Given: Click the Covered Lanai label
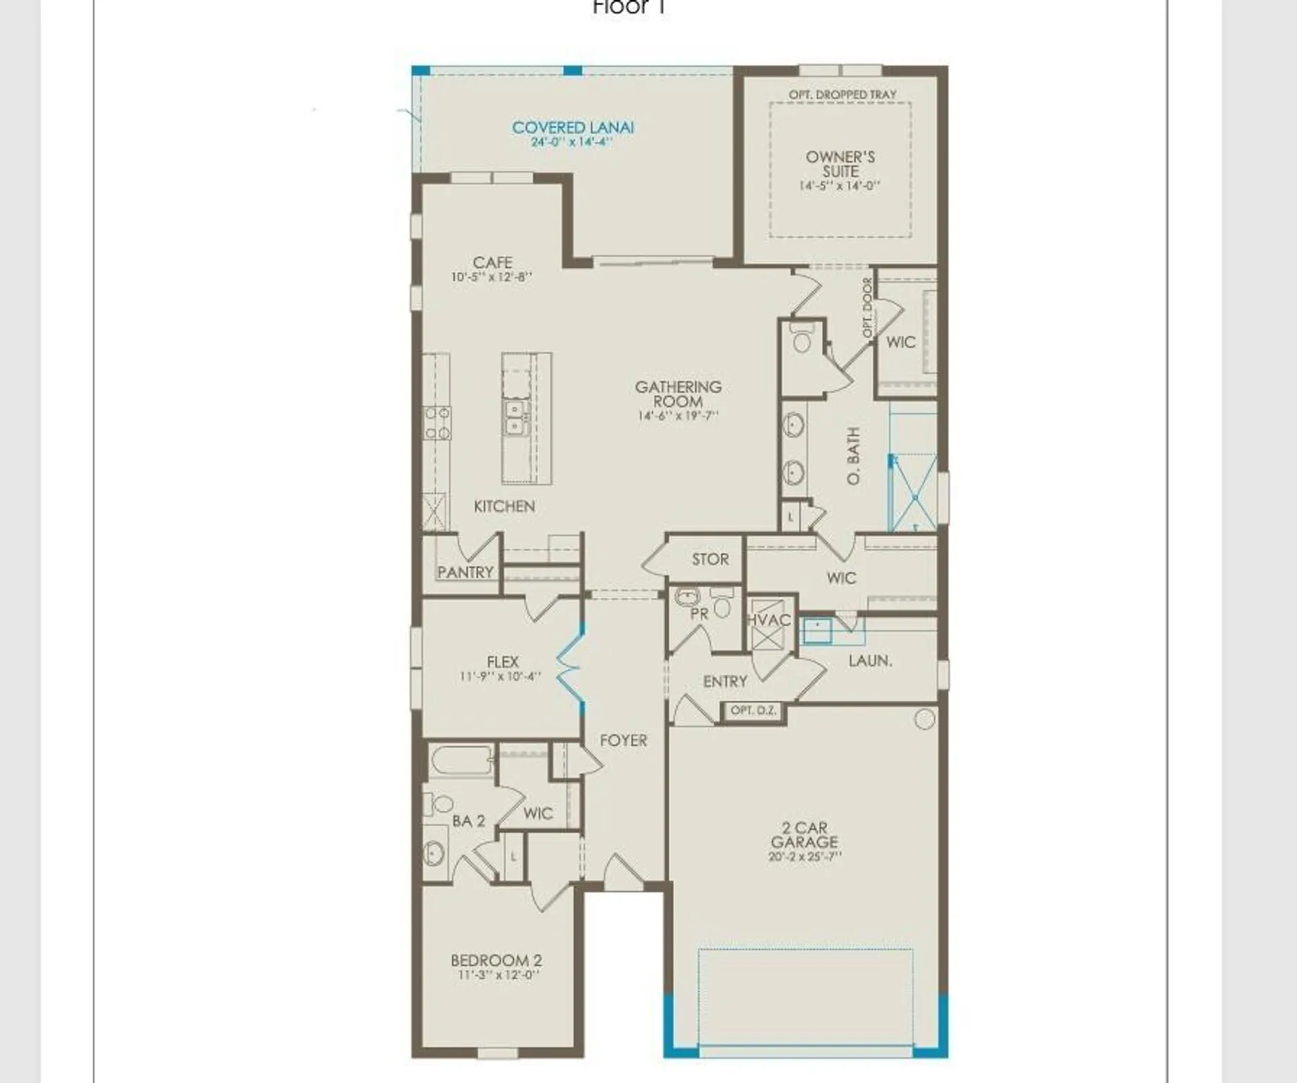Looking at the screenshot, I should point(572,127).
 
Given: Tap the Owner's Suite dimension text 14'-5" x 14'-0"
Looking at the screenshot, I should point(839,186).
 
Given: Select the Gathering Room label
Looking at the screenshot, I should point(678,394).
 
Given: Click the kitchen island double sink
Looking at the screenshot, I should point(514,418).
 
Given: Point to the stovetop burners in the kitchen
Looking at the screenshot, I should point(437,423).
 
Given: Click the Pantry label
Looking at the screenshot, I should point(465,573).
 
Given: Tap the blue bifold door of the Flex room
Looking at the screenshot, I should point(570,664).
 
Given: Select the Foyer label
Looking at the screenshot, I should point(623,741).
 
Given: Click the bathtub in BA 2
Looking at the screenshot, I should point(460,761).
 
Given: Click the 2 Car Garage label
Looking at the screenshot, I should point(804,835).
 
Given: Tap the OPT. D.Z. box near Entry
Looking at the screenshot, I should point(753,710).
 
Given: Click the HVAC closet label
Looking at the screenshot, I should point(769,620).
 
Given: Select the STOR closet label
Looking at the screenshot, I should point(710,559).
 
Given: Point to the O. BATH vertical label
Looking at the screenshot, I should point(853,456).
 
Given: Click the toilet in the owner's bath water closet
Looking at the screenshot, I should point(802,338).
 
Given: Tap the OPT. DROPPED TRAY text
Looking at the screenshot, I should point(842,95).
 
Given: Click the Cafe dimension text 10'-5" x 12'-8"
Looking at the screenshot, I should point(492,277).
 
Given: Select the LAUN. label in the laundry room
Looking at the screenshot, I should point(870,661).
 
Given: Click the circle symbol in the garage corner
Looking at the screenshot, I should point(924,718).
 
